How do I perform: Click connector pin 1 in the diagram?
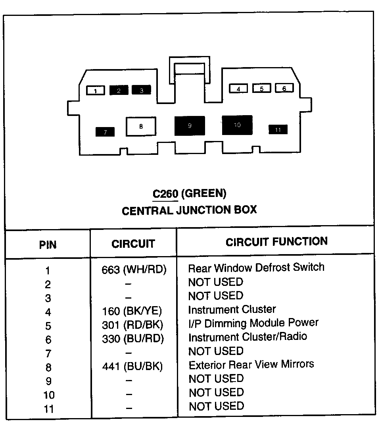pos(96,91)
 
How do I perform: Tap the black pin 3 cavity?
pos(142,90)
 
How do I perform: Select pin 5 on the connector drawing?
pos(262,89)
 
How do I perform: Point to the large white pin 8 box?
pos(141,127)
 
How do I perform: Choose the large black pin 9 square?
pos(190,126)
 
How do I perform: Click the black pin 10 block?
pos(237,125)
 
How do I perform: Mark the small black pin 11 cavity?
pos(278,129)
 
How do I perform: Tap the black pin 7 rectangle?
pos(105,132)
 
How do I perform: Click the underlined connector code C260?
pos(165,194)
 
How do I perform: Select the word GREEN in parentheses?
pos(204,194)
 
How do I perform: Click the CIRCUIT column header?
pos(133,244)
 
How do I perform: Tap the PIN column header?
pos(48,245)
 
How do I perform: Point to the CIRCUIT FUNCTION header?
pos(277,242)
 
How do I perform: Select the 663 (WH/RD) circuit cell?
pos(134,270)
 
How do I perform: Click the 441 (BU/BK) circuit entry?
pos(132,366)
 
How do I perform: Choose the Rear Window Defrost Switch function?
pos(256,268)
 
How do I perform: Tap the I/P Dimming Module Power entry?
pos(253,323)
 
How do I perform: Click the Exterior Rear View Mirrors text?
pos(251,364)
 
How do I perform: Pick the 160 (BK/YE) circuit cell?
pos(132,311)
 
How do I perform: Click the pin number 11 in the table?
pos(49,409)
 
